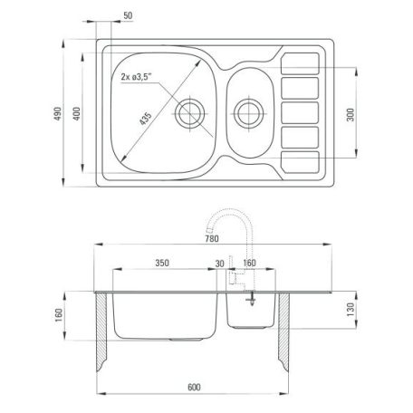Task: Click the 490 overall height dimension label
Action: (x=58, y=113)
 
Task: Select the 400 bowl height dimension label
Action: (x=77, y=113)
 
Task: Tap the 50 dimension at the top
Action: (x=128, y=15)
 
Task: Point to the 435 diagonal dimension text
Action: (x=146, y=119)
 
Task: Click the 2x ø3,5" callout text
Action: (x=136, y=77)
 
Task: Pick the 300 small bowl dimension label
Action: (x=351, y=115)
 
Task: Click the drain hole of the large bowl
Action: (x=190, y=114)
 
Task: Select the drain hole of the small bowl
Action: (x=249, y=114)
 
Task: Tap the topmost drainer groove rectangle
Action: (x=300, y=63)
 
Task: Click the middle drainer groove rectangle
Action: (x=300, y=113)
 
